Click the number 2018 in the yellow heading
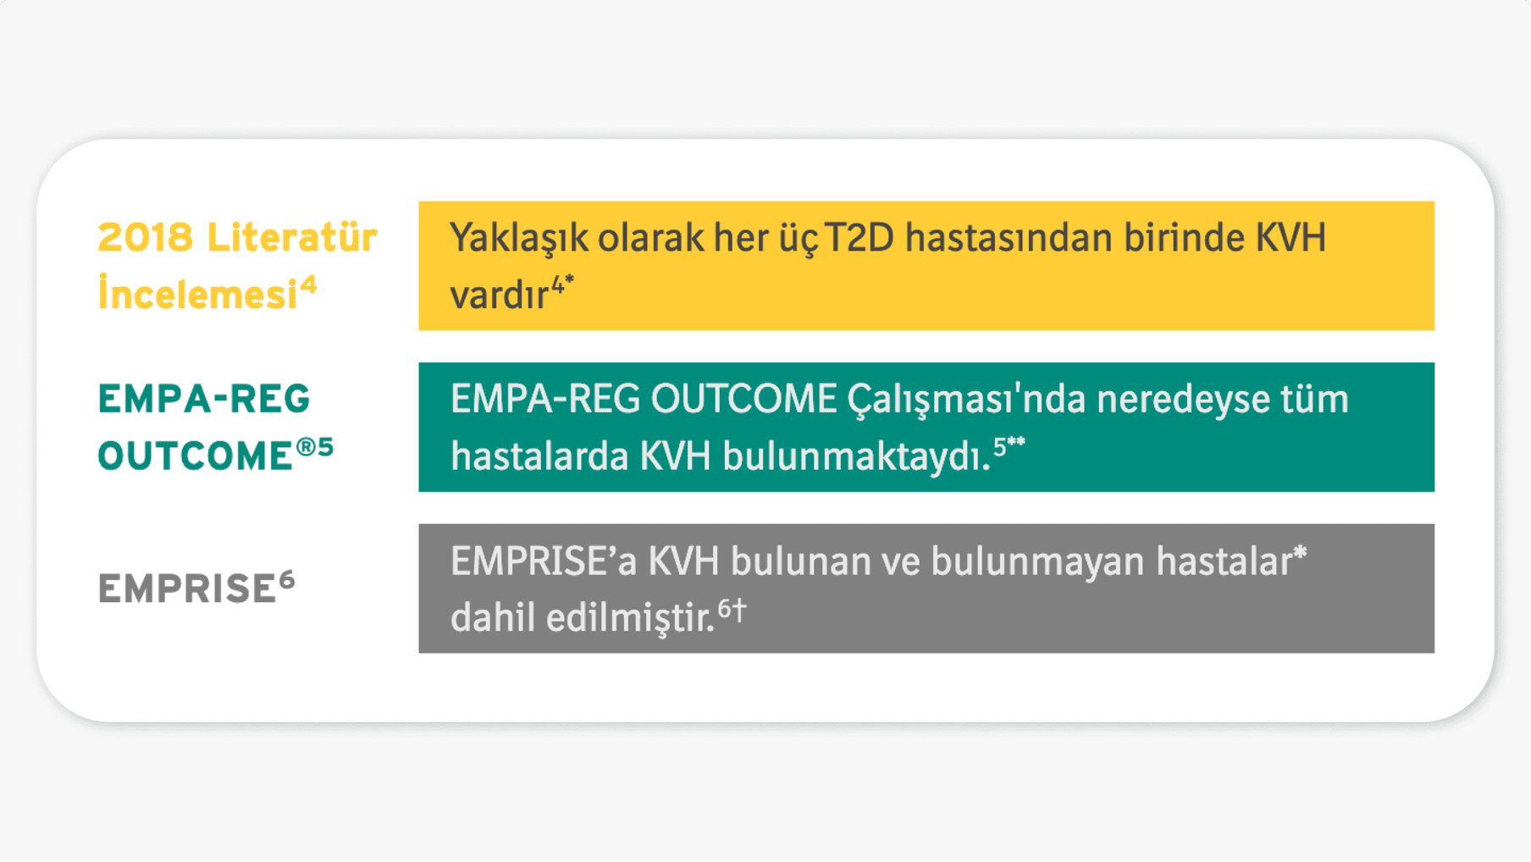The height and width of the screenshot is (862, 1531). pyautogui.click(x=145, y=238)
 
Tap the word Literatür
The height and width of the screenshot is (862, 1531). pyautogui.click(x=292, y=237)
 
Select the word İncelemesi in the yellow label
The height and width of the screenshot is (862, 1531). pyautogui.click(x=197, y=295)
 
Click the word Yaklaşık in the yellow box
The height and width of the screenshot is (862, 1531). pyautogui.click(x=517, y=239)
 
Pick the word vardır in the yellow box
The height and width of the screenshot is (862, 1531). pyautogui.click(x=499, y=296)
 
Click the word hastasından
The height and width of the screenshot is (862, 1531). pyautogui.click(x=1009, y=238)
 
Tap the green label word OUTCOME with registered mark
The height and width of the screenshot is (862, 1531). pyautogui.click(x=195, y=456)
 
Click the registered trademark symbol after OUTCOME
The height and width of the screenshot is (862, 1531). pyautogui.click(x=305, y=445)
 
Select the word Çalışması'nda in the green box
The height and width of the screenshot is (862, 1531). pyautogui.click(x=966, y=399)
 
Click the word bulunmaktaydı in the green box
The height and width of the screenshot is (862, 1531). pyautogui.click(x=854, y=457)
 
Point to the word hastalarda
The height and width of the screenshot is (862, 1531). pyautogui.click(x=539, y=457)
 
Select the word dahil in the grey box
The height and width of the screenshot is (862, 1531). pyautogui.click(x=493, y=618)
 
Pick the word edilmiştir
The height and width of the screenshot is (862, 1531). pyautogui.click(x=630, y=618)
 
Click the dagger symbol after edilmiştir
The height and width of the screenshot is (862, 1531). pyautogui.click(x=739, y=609)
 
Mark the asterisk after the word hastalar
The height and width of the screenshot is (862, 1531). pyautogui.click(x=1300, y=555)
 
